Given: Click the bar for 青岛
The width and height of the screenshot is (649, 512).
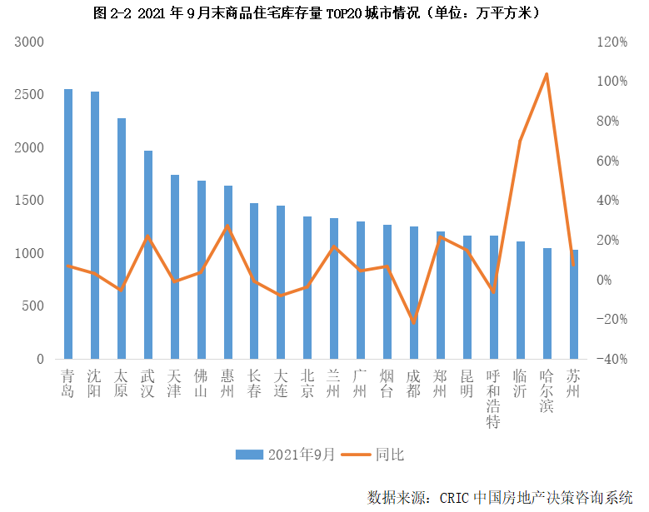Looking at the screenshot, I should coord(68,224).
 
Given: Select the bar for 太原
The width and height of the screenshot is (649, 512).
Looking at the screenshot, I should coord(122,239).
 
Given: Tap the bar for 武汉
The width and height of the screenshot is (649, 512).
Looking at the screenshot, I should coord(148,255).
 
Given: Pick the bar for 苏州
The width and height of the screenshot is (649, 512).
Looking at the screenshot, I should coord(574,305).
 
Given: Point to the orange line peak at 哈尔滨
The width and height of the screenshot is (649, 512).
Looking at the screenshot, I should coord(547,74).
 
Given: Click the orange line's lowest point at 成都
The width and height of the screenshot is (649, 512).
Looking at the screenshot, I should coord(414,321).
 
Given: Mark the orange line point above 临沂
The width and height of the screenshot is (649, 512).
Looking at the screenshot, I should coord(520,141).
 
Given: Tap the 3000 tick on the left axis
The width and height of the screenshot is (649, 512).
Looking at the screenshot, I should coord(30,42).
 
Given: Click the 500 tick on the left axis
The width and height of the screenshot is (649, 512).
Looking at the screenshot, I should coord(34,306).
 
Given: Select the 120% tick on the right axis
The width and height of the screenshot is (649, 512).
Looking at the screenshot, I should coord(611,42).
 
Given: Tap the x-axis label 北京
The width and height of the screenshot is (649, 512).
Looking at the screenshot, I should coord(307,384).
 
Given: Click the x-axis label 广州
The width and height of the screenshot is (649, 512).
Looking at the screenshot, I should coord(361,384).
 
